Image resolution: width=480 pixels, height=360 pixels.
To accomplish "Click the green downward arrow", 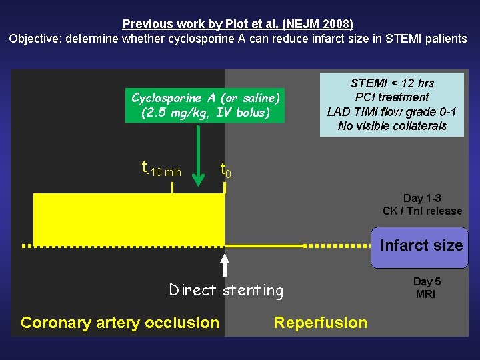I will point(199,160).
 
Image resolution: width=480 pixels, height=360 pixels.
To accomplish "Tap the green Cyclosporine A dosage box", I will point(205,105).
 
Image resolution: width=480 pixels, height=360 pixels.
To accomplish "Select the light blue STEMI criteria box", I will point(391,105).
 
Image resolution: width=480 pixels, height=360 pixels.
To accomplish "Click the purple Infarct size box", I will point(420,247).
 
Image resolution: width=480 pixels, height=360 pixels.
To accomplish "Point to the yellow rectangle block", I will point(129,219).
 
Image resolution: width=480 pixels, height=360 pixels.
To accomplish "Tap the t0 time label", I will point(226,170).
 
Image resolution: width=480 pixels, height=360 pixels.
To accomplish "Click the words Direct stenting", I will point(226,290).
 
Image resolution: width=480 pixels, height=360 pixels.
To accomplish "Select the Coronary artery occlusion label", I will point(120,323).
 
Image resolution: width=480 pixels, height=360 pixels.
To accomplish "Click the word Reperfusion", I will point(321,323).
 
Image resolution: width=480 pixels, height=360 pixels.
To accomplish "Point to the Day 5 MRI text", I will point(426,288).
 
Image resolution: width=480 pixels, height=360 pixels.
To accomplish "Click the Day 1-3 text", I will point(422,198).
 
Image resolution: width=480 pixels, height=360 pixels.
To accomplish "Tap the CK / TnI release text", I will point(422,211).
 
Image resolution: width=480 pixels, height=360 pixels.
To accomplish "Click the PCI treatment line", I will point(392,97).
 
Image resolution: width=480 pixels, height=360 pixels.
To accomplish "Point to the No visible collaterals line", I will point(392,126).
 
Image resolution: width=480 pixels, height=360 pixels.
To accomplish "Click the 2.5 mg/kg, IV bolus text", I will point(205,113).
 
